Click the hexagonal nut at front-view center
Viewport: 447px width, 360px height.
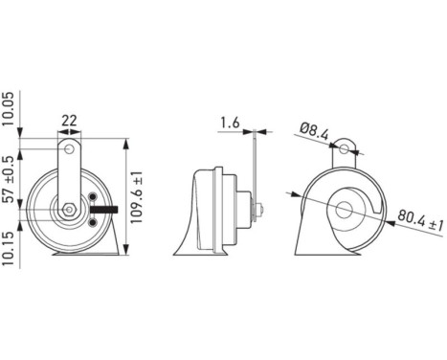coord(70,210)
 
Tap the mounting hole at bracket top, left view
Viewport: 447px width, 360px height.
coord(71,147)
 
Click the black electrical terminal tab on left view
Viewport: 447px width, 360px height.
coord(104,209)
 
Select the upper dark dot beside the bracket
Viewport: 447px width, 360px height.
coord(93,197)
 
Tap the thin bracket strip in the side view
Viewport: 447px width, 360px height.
coord(256,168)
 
